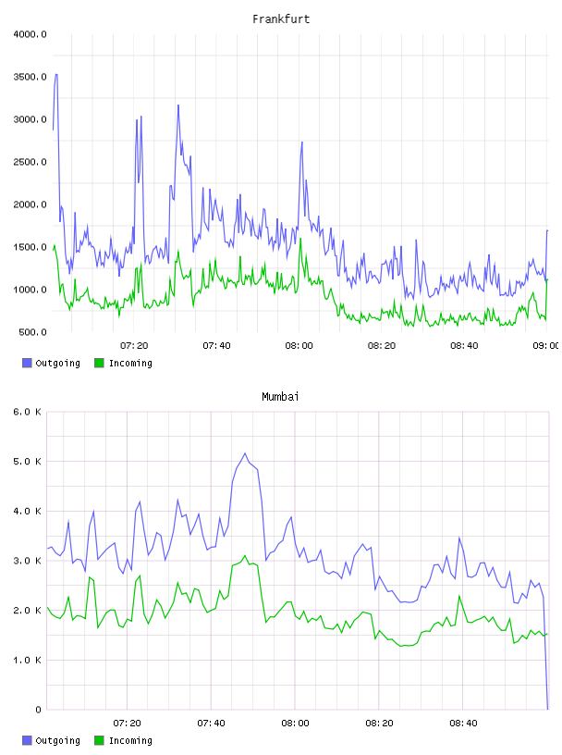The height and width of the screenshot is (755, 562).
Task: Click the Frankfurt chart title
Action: [x=281, y=19]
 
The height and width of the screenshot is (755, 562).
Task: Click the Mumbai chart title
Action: [x=280, y=397]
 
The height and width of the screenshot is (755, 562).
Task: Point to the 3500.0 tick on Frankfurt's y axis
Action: [x=30, y=77]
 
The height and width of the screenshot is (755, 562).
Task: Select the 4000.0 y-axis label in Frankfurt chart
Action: [x=30, y=34]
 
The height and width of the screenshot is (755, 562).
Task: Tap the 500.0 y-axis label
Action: [x=32, y=332]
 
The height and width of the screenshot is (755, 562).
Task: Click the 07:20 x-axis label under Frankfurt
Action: [x=134, y=346]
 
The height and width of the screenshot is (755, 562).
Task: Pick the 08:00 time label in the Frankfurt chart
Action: [x=299, y=346]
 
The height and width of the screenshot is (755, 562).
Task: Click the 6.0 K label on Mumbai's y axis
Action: [x=28, y=412]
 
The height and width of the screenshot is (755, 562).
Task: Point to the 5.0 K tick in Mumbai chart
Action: [x=28, y=462]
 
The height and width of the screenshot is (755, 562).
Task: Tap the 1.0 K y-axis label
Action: [x=28, y=660]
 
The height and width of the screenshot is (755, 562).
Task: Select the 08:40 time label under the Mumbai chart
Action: [x=463, y=724]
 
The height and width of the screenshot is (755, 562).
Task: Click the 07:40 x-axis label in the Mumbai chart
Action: [x=212, y=724]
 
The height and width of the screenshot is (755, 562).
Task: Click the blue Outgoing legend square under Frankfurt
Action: [x=27, y=363]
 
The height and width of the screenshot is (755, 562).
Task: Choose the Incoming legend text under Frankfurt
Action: [x=130, y=364]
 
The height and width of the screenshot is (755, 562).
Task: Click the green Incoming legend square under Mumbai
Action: [x=99, y=740]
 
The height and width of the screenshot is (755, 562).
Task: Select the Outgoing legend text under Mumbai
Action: [x=57, y=741]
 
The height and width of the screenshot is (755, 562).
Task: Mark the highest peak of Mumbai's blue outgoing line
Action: [x=245, y=453]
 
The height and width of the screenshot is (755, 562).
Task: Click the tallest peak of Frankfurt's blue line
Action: [x=56, y=75]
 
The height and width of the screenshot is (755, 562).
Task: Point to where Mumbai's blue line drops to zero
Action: [x=547, y=709]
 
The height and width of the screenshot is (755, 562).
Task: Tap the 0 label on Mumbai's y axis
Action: [x=38, y=710]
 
